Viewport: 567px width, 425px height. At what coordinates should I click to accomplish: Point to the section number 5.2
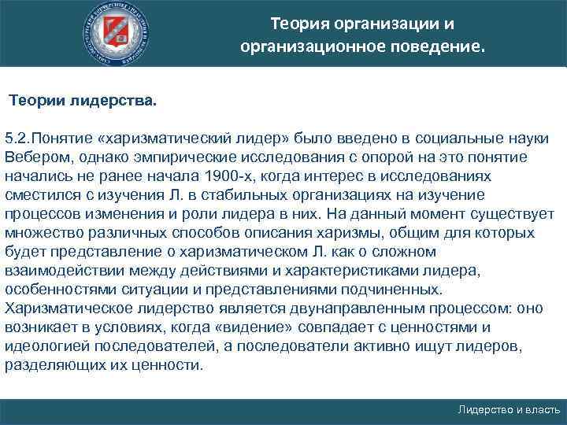[17, 138]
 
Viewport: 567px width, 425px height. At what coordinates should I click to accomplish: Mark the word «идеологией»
[43, 346]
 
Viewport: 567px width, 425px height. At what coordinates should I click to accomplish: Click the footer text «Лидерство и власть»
[508, 410]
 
